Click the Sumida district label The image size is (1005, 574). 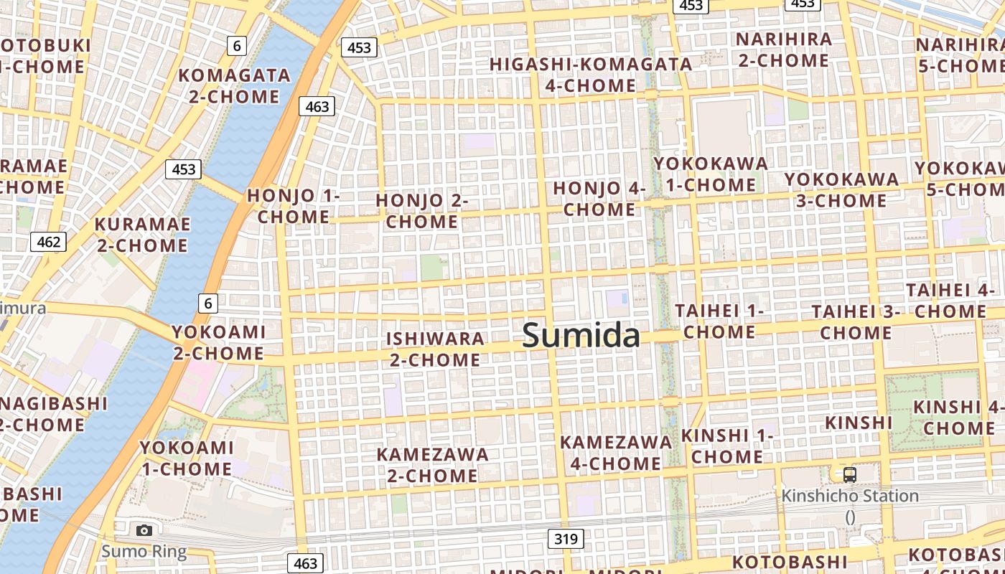581,335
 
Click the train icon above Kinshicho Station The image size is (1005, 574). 850,474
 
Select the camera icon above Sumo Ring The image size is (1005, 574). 144,530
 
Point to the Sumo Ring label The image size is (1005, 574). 144,552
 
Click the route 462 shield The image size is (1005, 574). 48,242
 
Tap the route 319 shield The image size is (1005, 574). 566,539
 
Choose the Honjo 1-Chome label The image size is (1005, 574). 293,206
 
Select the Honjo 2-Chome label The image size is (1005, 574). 422,211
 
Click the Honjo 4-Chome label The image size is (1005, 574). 599,199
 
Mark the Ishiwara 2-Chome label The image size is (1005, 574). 435,349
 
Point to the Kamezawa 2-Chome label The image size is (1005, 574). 432,465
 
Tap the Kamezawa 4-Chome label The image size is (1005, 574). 616,453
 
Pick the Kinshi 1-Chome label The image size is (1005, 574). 726,446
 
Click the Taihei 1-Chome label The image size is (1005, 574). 719,321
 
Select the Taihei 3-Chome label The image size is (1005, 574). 856,322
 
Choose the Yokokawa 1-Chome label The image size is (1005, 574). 710,174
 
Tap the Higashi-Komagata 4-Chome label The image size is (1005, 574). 591,75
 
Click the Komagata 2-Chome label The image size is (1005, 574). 234,85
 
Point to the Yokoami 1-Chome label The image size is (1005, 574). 187,458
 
